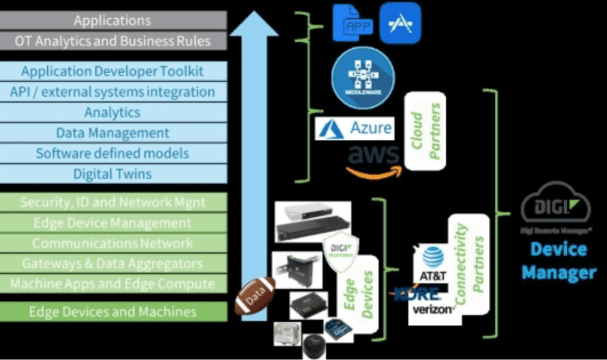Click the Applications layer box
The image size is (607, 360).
113,20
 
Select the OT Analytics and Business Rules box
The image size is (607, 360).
113,41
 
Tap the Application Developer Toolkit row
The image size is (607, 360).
113,71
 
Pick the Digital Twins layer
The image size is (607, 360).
113,174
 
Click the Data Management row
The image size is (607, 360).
113,133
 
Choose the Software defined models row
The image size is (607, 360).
113,153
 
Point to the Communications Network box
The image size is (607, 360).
113,243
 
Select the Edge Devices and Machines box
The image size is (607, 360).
113,311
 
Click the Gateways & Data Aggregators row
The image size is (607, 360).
113,264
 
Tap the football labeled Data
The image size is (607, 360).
255,296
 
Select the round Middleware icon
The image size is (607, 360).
364,77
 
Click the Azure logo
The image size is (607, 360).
355,128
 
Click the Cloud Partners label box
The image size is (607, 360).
425,131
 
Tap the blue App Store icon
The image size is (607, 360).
400,22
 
